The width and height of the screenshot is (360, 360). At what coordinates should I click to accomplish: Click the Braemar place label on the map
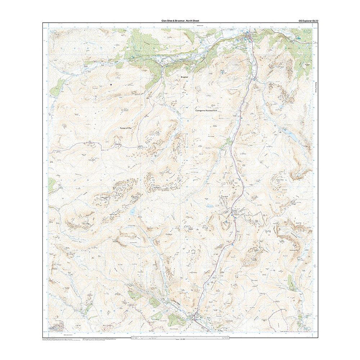(184, 76)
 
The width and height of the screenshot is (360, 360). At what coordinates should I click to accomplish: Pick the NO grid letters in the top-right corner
(307, 32)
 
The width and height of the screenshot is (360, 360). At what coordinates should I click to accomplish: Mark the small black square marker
(111, 84)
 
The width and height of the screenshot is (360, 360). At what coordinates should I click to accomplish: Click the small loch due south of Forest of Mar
(133, 211)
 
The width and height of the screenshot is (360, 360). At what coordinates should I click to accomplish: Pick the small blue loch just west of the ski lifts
(210, 207)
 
